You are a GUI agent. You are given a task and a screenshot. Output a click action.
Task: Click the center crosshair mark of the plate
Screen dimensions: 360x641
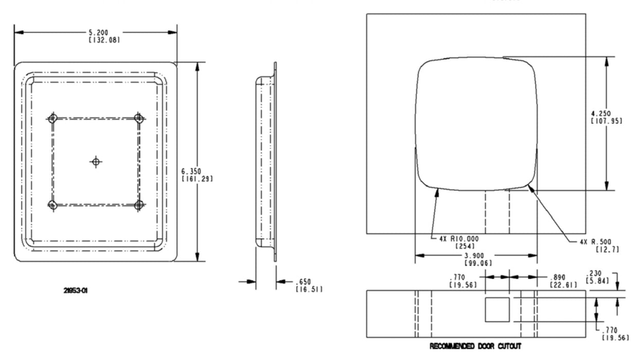click(95, 162)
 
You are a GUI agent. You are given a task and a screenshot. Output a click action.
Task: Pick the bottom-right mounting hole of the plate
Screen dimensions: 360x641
click(138, 205)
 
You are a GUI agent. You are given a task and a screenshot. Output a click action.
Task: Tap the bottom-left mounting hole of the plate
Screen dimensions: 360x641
click(52, 205)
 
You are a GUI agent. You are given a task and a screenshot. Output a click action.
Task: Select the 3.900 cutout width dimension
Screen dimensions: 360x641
click(476, 256)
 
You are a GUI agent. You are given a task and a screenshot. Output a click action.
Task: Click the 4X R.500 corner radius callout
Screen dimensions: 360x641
click(596, 242)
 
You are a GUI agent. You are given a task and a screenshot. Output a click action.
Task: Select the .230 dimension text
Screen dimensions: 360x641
click(596, 274)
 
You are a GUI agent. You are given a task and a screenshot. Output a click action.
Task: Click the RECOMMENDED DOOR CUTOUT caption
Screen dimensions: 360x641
click(476, 346)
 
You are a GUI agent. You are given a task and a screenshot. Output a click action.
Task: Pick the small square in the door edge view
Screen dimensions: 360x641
click(497, 310)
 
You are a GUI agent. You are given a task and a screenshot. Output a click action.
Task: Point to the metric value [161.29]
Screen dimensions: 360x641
click(198, 178)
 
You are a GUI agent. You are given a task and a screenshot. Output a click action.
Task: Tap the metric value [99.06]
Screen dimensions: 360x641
click(476, 263)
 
